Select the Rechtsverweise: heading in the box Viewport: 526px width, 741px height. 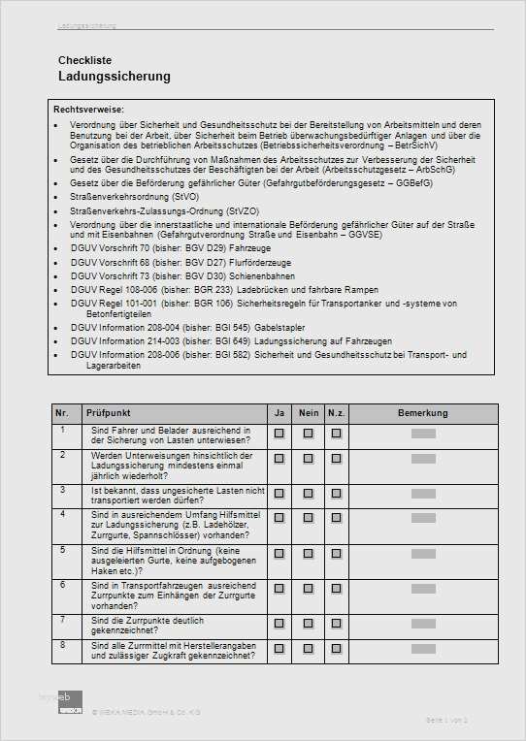[x=88, y=110]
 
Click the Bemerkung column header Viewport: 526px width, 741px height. [x=423, y=414]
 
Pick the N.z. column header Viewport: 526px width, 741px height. [x=336, y=414]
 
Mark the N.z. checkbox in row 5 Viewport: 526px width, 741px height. [x=336, y=554]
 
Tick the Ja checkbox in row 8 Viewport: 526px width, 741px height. [x=279, y=648]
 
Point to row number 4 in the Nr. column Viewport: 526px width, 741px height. [x=63, y=514]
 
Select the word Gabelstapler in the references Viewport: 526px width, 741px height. [x=280, y=328]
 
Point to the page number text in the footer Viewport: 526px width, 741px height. [x=446, y=721]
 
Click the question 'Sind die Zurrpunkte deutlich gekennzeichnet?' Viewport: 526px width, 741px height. [x=148, y=624]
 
